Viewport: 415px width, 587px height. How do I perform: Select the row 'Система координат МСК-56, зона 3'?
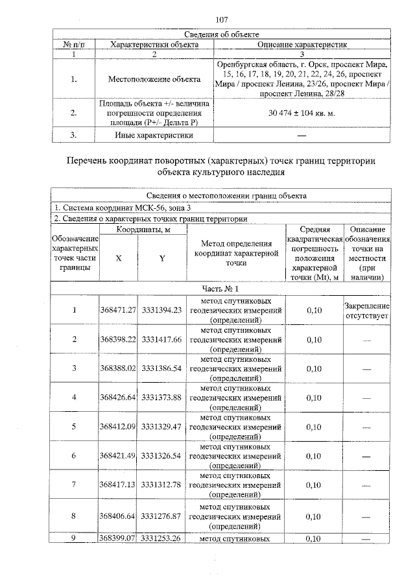123,207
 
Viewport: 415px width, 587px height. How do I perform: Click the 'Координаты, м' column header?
142,230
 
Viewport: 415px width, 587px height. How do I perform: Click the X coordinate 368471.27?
118,310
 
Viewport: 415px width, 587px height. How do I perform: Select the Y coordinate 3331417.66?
161,339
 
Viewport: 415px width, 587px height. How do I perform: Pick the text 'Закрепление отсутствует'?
367,311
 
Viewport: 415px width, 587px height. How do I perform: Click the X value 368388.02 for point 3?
118,368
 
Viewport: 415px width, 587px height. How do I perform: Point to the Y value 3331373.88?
161,398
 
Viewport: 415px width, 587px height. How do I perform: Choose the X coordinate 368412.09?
118,427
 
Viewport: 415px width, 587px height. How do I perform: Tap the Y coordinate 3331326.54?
161,456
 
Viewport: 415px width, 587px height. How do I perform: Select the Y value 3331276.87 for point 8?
161,517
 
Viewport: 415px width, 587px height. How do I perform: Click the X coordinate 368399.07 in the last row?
118,538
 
